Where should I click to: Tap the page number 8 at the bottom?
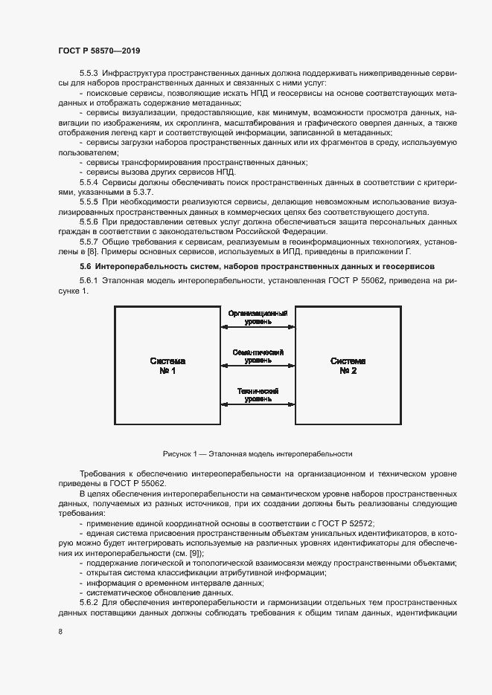[60, 631]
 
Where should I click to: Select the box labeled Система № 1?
[167, 365]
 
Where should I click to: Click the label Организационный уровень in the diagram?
[258, 317]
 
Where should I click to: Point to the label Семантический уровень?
[258, 356]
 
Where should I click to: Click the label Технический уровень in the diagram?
[258, 395]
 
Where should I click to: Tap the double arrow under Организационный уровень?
[258, 327]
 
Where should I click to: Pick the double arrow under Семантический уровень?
[258, 366]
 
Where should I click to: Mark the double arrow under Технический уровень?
[258, 404]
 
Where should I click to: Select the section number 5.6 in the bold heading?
[86, 266]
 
